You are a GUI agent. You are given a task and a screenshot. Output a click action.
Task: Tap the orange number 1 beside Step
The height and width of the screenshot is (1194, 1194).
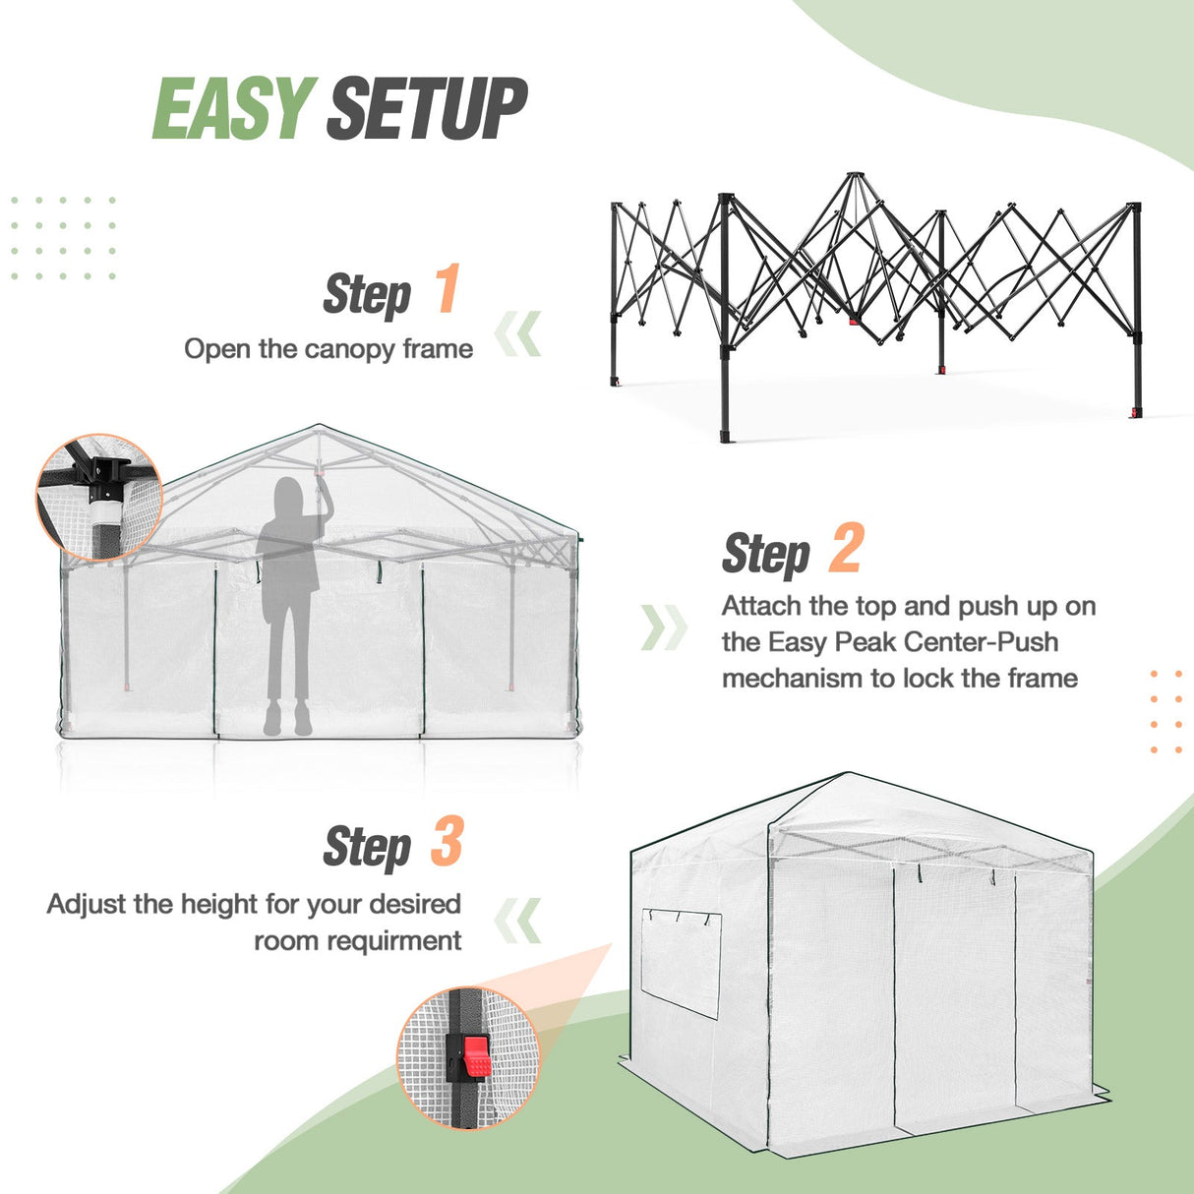(x=448, y=289)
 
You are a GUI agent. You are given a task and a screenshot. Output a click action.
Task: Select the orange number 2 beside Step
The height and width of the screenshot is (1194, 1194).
(x=845, y=549)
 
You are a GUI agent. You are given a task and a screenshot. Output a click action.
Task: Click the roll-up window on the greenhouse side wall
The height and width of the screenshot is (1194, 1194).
(x=681, y=963)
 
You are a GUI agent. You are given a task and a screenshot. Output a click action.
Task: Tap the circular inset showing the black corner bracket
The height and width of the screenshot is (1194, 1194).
(x=98, y=498)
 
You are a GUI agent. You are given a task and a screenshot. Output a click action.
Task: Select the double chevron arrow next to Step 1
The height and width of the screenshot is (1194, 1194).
(x=517, y=334)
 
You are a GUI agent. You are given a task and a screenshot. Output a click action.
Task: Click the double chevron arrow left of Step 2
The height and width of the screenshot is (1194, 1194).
(x=663, y=627)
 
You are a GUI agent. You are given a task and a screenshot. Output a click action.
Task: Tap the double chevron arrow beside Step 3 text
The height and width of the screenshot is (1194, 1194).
(x=517, y=921)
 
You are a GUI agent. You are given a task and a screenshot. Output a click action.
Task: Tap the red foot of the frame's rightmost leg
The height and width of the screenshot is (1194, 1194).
(x=1137, y=410)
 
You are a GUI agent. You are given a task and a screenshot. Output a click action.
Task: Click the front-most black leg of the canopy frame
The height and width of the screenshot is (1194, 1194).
(x=726, y=325)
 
